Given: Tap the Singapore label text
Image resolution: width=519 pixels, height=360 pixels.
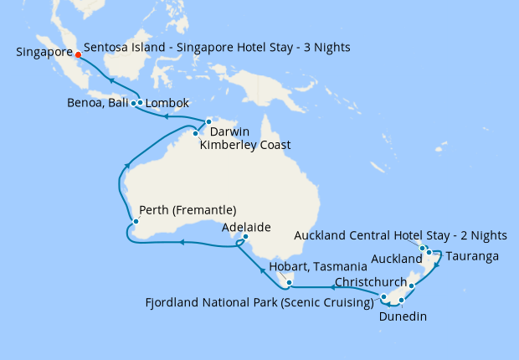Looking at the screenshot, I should pyautogui.click(x=43, y=52).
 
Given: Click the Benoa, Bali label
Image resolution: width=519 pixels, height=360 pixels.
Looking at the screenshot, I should pyautogui.click(x=97, y=104).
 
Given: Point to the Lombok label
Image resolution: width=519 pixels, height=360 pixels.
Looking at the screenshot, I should pyautogui.click(x=167, y=104).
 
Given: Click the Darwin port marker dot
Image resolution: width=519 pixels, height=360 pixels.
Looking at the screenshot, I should pyautogui.click(x=208, y=122).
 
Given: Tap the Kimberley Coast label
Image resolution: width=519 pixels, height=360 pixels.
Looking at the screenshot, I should pyautogui.click(x=245, y=145).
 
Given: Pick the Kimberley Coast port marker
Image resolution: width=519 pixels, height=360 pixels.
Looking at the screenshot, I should pyautogui.click(x=195, y=132).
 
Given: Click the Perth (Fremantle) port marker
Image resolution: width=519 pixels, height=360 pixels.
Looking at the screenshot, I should pyautogui.click(x=135, y=222).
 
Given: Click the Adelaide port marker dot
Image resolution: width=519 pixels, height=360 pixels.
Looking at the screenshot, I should pyautogui.click(x=244, y=237).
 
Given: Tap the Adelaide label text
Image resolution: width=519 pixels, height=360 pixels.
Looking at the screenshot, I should pyautogui.click(x=246, y=227).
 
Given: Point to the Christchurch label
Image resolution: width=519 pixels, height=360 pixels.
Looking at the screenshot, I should pyautogui.click(x=370, y=281).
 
